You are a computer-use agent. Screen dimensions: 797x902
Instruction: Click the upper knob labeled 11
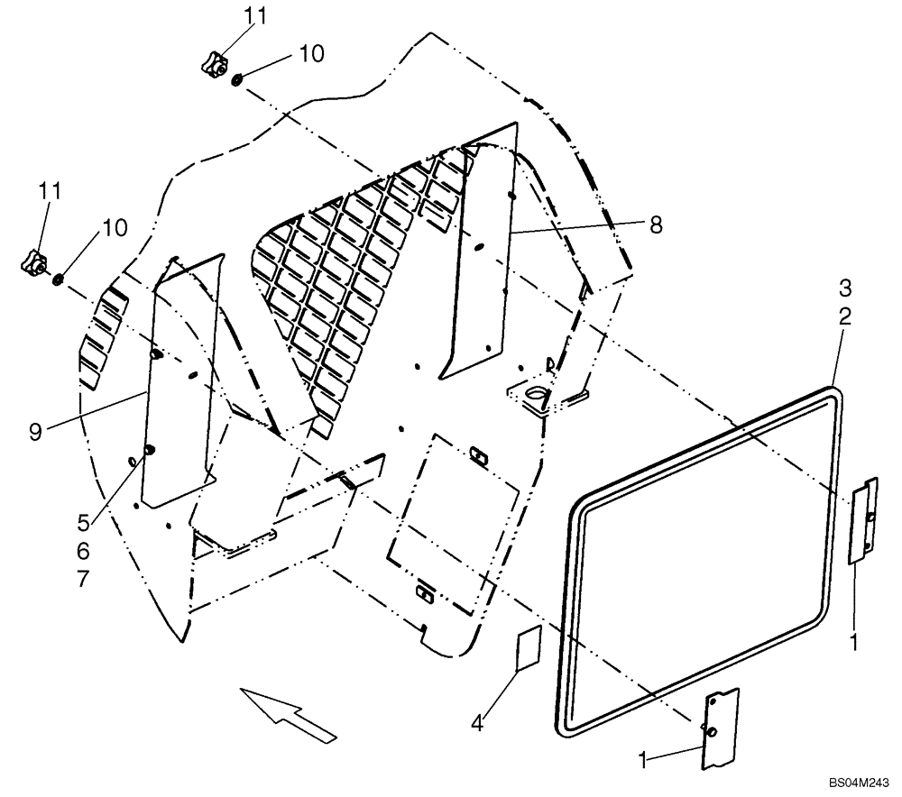point(212,64)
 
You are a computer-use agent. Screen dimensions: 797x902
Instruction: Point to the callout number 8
point(656,225)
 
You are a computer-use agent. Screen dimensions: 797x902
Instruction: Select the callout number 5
point(84,520)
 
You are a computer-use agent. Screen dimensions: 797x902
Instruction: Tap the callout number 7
point(84,579)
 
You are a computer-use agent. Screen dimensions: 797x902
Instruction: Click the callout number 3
point(844,288)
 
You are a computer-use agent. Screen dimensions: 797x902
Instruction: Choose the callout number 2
point(844,316)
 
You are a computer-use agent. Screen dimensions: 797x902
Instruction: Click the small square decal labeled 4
point(527,648)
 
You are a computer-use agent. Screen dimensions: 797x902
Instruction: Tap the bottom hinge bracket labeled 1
point(720,728)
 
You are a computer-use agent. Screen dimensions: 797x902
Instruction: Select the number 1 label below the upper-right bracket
point(853,642)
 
